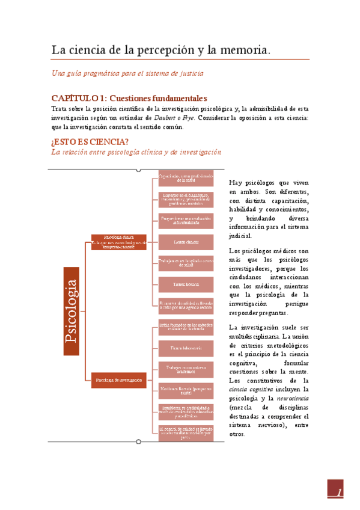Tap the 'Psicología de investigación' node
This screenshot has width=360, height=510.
coord(118,379)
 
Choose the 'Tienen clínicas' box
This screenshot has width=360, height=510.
coord(186,242)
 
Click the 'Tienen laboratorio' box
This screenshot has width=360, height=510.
coord(186,348)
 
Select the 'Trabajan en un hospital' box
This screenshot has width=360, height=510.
coord(186,262)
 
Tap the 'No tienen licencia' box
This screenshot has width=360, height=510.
coord(186,390)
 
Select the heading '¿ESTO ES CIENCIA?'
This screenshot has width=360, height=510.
coord(90,142)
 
